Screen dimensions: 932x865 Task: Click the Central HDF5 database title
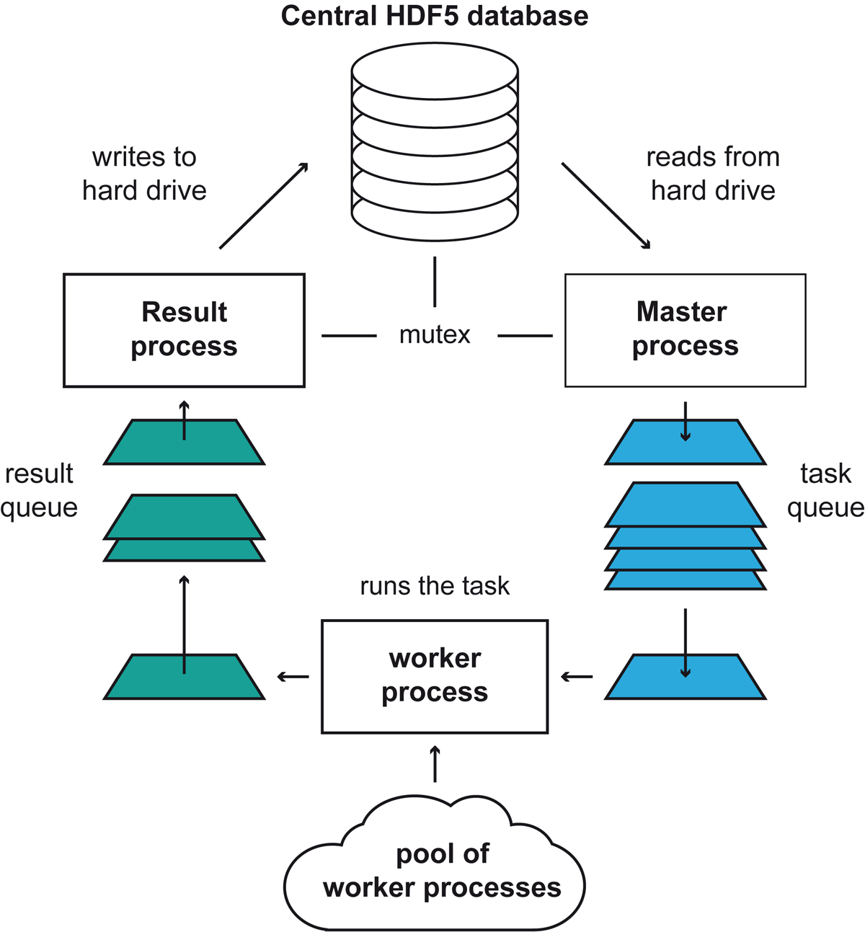pos(434,16)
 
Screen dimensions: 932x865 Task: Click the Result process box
pos(184,330)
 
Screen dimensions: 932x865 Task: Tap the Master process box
pos(685,330)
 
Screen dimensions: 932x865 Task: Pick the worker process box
pos(434,676)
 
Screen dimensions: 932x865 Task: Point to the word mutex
pos(434,335)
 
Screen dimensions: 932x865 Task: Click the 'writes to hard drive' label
pos(144,174)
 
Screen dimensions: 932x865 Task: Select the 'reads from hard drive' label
pos(712,174)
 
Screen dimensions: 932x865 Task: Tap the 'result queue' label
pos(39,490)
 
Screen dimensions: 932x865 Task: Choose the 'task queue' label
pos(825,490)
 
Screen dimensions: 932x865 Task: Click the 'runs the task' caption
pos(434,586)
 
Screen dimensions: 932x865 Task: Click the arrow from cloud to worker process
pos(435,765)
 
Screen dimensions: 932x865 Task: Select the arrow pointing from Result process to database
pos(264,206)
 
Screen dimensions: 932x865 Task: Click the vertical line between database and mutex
pos(435,281)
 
